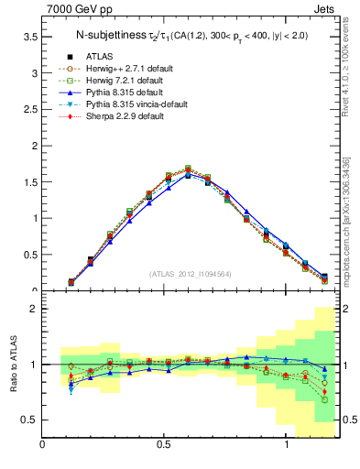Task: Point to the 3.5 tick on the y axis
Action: [x=30, y=37]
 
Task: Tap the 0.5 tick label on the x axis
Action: [x=164, y=444]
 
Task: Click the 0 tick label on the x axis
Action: [x=42, y=444]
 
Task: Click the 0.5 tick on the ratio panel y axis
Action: [x=30, y=420]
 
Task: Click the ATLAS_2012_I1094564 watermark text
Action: [x=188, y=274]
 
